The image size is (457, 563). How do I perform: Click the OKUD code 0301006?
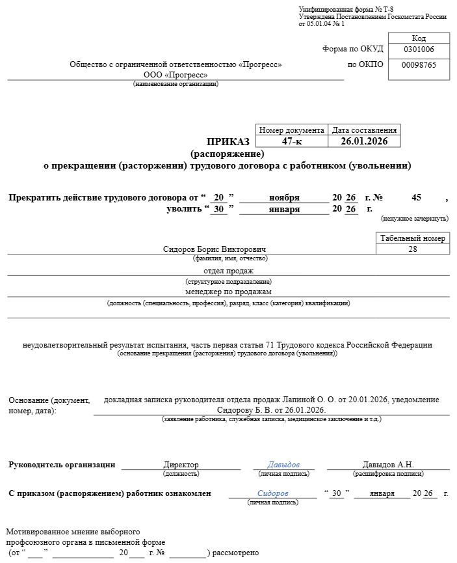click(x=419, y=49)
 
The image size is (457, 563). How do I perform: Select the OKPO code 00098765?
click(x=419, y=65)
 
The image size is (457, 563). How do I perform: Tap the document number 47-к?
click(x=292, y=141)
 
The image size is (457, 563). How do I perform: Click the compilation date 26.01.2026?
click(x=364, y=141)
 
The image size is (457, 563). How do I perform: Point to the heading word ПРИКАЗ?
click(x=228, y=142)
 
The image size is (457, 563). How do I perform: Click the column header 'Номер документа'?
click(x=292, y=130)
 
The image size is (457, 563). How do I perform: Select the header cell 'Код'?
click(x=419, y=38)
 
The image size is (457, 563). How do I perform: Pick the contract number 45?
click(x=417, y=197)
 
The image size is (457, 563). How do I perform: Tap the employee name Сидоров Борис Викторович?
click(x=215, y=249)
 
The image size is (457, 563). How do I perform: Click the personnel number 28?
click(x=413, y=249)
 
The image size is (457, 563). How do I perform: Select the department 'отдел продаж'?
click(x=228, y=271)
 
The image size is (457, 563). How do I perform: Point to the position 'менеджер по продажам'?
click(x=228, y=292)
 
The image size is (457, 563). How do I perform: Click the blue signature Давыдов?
click(x=283, y=465)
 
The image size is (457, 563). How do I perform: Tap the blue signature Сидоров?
click(x=272, y=493)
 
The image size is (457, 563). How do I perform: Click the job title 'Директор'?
click(x=181, y=465)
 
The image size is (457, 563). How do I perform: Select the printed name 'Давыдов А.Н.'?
click(x=387, y=465)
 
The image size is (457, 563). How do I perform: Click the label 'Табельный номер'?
click(x=413, y=238)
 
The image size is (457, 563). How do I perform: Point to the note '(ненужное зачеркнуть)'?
click(x=414, y=218)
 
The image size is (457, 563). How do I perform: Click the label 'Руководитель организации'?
click(x=62, y=465)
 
